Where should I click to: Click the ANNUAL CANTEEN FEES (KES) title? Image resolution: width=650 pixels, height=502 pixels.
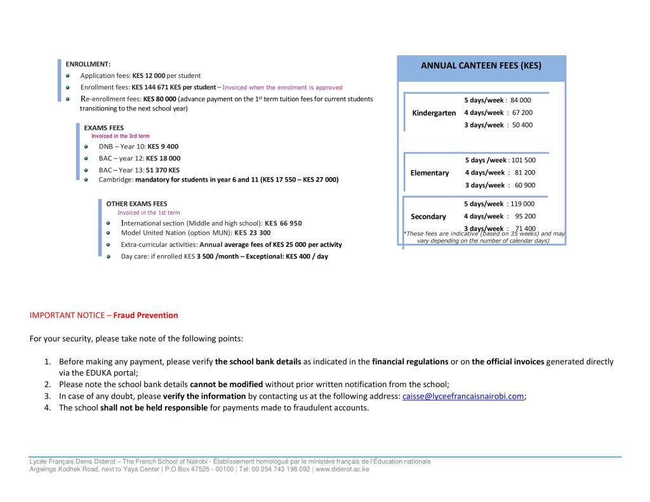coord(481,65)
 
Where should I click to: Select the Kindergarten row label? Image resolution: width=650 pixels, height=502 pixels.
coord(434,113)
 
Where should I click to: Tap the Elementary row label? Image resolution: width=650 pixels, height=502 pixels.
coord(430,173)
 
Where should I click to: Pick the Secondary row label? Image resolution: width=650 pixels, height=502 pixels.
coord(428,216)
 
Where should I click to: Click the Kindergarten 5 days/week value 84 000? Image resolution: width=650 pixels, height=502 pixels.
coord(521,100)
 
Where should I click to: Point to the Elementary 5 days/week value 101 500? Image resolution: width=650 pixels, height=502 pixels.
coord(522,161)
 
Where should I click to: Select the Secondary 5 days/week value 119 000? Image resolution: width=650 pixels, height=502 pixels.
coord(522,204)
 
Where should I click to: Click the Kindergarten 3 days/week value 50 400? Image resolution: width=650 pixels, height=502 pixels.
coord(522,125)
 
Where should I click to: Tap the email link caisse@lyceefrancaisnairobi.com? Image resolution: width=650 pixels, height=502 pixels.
coord(463,396)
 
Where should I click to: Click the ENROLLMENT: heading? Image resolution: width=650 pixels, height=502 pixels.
coord(88,64)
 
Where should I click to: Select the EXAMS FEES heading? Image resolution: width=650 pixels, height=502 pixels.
coord(103,128)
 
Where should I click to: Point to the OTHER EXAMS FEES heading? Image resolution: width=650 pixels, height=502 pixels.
coord(136,204)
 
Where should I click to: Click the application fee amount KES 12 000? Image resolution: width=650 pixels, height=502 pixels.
coord(149,76)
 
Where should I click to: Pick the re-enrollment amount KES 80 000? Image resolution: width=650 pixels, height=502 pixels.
coord(159,99)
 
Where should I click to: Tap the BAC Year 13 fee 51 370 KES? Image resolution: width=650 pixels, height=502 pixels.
coord(162,170)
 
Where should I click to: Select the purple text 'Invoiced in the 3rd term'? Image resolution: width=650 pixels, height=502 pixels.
coord(121,136)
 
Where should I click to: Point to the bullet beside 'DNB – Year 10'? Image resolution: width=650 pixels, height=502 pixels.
coord(86,147)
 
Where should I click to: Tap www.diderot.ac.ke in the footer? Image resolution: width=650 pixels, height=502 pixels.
coord(342,470)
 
